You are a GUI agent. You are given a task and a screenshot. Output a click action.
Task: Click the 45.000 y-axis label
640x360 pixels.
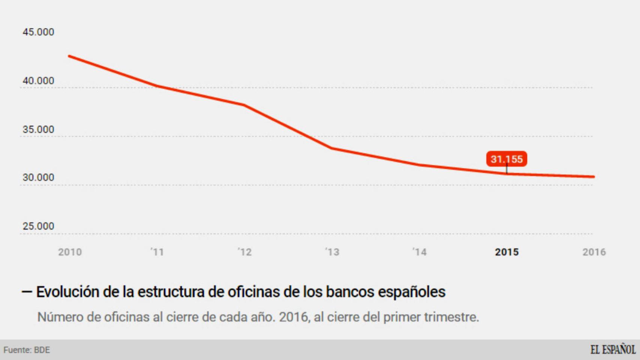(38, 32)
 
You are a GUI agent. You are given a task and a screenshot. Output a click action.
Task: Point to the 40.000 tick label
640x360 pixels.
(38, 81)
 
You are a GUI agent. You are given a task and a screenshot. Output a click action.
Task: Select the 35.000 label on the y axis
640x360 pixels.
(38, 129)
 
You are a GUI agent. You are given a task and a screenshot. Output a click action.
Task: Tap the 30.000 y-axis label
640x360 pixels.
(38, 177)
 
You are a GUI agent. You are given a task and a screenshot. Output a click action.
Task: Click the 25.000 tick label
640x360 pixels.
(38, 226)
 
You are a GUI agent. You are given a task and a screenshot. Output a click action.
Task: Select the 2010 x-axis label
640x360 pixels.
(70, 252)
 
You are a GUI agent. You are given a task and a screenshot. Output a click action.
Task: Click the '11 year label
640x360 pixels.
(157, 252)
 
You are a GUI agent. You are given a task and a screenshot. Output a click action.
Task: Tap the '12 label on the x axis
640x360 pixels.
(245, 252)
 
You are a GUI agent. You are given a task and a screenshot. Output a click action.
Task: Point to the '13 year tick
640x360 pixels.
(332, 252)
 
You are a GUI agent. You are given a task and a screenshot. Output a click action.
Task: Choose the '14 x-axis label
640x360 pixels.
(419, 252)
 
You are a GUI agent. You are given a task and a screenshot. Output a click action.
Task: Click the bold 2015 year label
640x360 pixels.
(507, 252)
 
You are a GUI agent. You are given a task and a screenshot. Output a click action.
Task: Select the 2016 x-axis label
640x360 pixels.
(594, 252)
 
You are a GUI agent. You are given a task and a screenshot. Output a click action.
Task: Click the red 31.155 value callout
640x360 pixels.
(506, 159)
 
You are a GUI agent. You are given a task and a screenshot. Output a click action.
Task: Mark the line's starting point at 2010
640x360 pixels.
(70, 56)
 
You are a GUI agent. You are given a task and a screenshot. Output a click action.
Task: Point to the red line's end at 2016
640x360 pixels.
(593, 177)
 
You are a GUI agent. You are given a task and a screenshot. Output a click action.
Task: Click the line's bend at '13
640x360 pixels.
(332, 148)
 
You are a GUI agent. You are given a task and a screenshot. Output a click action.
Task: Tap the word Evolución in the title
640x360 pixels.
(67, 292)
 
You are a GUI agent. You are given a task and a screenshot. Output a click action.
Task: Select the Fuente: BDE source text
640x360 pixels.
(27, 350)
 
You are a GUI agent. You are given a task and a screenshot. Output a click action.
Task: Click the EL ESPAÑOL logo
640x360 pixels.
(613, 350)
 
